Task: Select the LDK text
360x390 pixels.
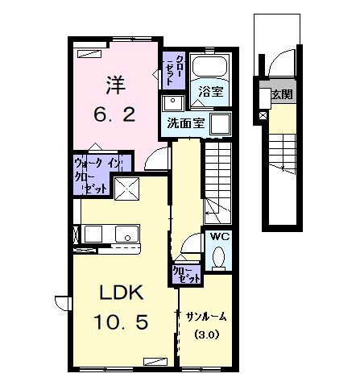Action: pyautogui.click(x=115, y=292)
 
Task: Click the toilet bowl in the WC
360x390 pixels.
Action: pyautogui.click(x=218, y=257)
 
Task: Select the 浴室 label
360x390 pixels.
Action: pyautogui.click(x=213, y=93)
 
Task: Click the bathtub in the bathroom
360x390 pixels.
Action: pyautogui.click(x=213, y=69)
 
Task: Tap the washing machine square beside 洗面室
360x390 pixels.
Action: pyautogui.click(x=220, y=123)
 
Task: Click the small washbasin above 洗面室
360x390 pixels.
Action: pyautogui.click(x=172, y=102)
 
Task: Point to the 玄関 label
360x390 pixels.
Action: pyautogui.click(x=283, y=95)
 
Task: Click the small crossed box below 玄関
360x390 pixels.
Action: pyautogui.click(x=263, y=116)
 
